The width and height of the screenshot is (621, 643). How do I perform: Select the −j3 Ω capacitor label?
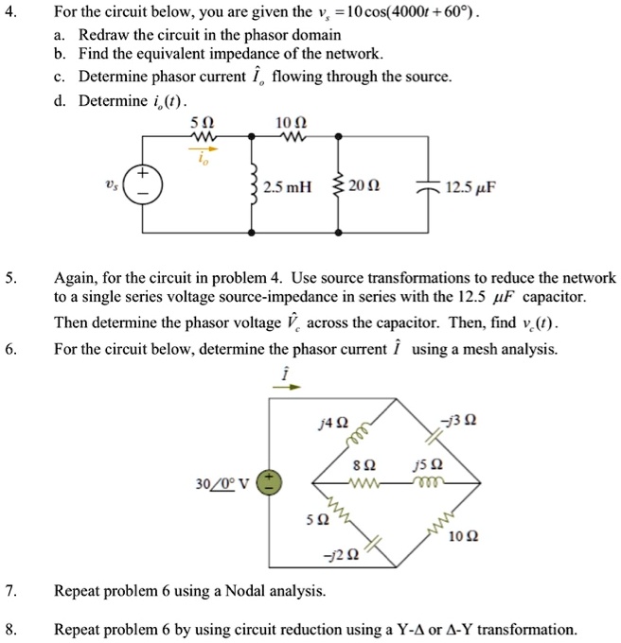tap(467, 423)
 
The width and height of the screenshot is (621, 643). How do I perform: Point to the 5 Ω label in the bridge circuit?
tap(302, 519)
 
